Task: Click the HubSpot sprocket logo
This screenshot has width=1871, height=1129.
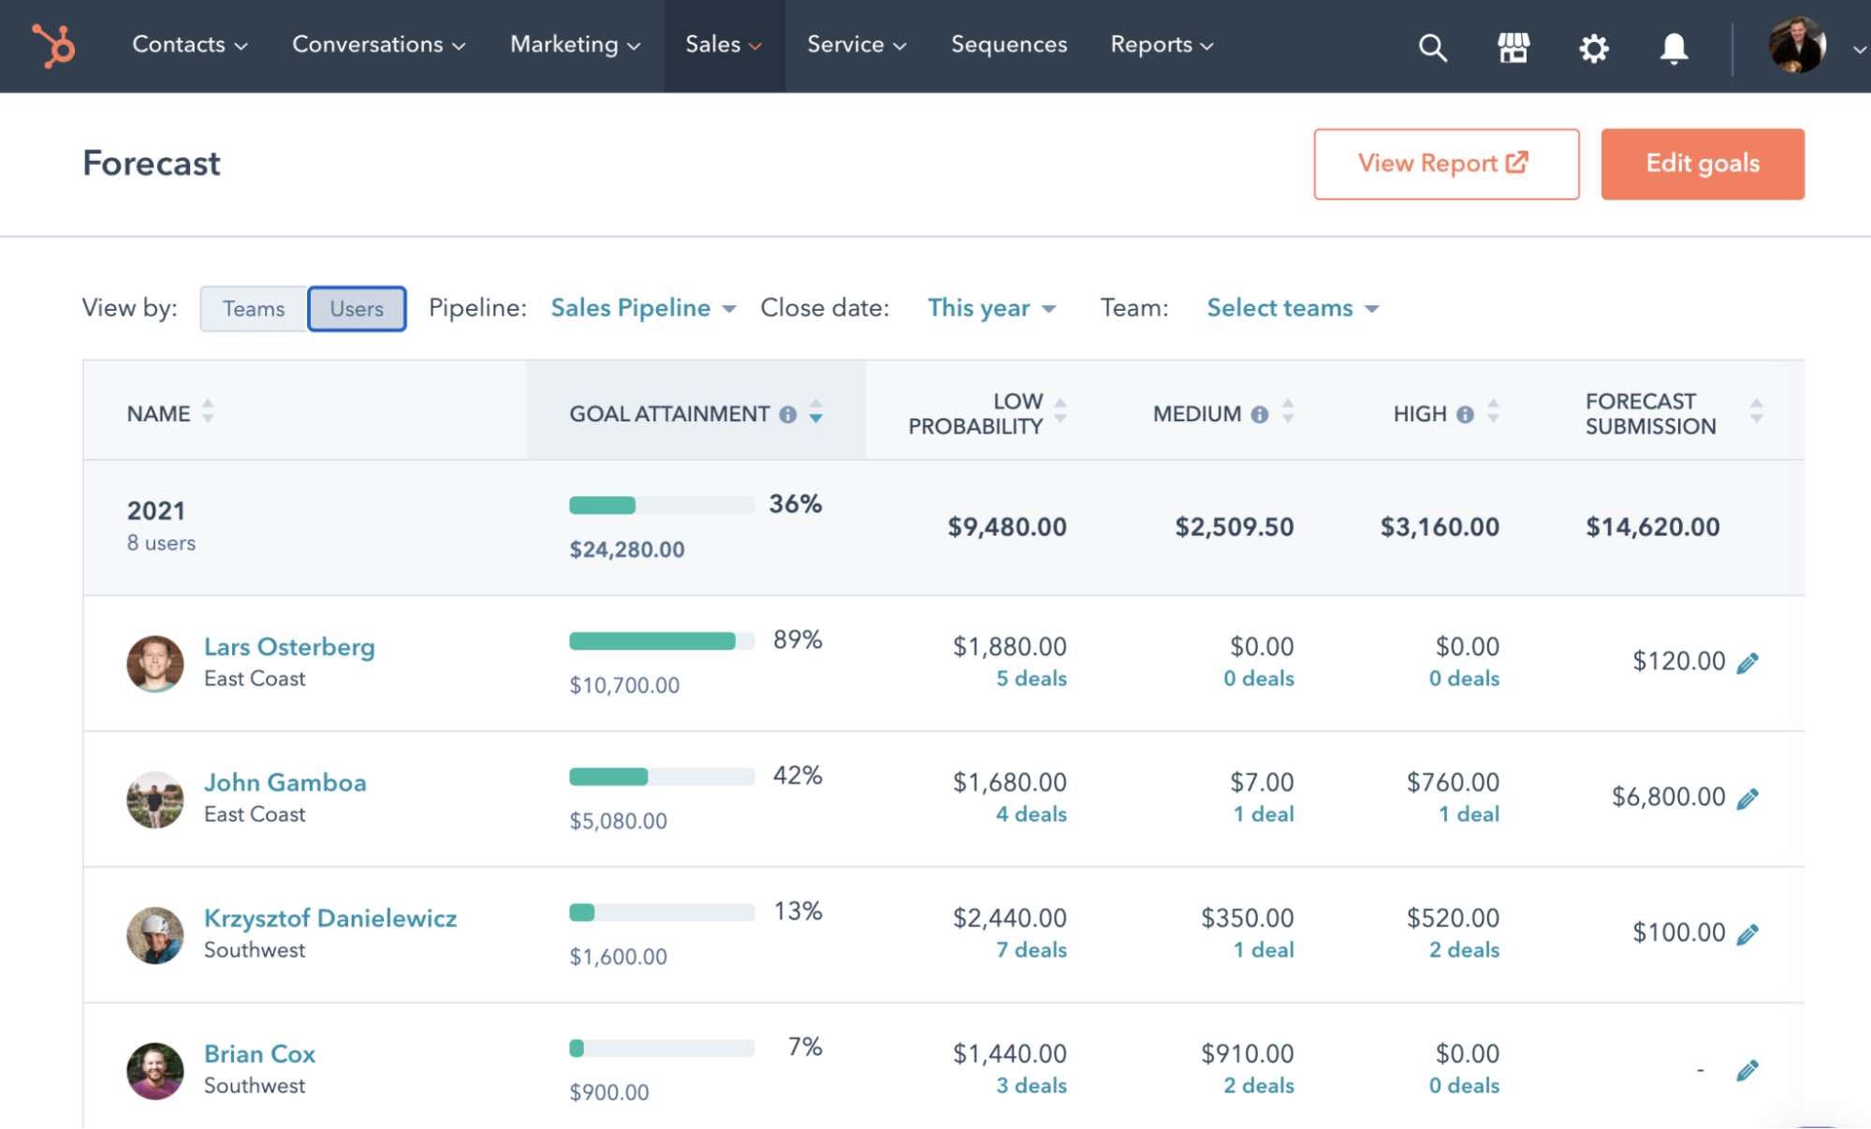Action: [x=53, y=45]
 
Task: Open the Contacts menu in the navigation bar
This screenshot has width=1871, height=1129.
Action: [x=189, y=45]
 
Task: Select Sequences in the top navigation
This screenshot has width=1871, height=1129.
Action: [x=1008, y=45]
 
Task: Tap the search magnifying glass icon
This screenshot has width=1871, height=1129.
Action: [x=1432, y=47]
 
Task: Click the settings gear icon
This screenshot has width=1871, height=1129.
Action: [x=1593, y=48]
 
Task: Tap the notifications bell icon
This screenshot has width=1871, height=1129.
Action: [x=1674, y=48]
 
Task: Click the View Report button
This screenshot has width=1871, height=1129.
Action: [x=1445, y=164]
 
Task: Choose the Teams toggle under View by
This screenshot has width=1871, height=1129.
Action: [x=254, y=309]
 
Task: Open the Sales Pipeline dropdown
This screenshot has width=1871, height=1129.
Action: [x=643, y=308]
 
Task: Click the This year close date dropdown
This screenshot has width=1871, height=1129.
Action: [x=991, y=308]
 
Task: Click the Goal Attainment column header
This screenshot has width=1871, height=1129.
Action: [x=669, y=414]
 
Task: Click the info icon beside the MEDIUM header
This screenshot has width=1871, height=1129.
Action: [x=1260, y=414]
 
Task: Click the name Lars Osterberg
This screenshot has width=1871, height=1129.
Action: [x=289, y=647]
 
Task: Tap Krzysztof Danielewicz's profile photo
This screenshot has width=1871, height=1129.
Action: [x=155, y=934]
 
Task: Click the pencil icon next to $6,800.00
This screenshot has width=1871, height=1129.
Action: [x=1747, y=799]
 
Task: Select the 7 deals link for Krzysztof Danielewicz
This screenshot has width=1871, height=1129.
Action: [x=1031, y=950]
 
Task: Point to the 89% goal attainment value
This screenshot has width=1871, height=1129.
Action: [x=797, y=640]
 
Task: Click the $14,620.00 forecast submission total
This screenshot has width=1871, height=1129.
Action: [x=1652, y=527]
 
